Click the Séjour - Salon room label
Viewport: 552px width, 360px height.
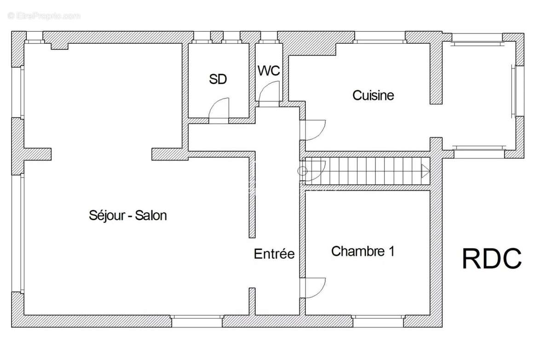tap(128, 215)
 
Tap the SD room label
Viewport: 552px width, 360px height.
tap(218, 79)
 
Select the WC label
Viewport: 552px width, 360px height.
tap(269, 71)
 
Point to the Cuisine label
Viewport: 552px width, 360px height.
tap(373, 95)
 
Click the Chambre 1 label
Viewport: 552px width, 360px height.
tap(363, 251)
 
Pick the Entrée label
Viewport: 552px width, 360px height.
tap(274, 254)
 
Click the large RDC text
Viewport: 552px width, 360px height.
tap(492, 258)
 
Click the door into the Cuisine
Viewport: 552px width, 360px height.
tap(315, 130)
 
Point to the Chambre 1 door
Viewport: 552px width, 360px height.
tap(315, 288)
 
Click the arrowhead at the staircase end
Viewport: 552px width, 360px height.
tap(425, 171)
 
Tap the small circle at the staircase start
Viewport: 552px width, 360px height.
tap(302, 171)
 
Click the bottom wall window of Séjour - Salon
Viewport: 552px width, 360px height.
tap(197, 321)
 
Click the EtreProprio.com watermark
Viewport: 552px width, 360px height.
tap(44, 16)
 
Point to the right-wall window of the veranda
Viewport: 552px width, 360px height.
tap(518, 91)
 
